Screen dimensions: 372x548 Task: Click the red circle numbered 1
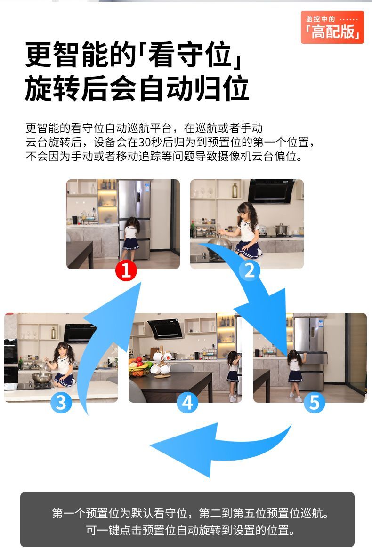pyautogui.click(x=126, y=270)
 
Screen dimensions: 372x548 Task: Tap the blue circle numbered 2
pyautogui.click(x=250, y=270)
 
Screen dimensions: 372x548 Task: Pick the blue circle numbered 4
pyautogui.click(x=187, y=402)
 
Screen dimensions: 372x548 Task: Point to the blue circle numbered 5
pyautogui.click(x=314, y=402)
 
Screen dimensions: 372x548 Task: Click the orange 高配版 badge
pyautogui.click(x=332, y=27)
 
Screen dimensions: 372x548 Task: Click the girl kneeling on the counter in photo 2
pyautogui.click(x=247, y=230)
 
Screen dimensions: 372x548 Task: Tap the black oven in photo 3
pyautogui.click(x=11, y=351)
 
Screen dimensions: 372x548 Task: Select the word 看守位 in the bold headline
pyautogui.click(x=189, y=55)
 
